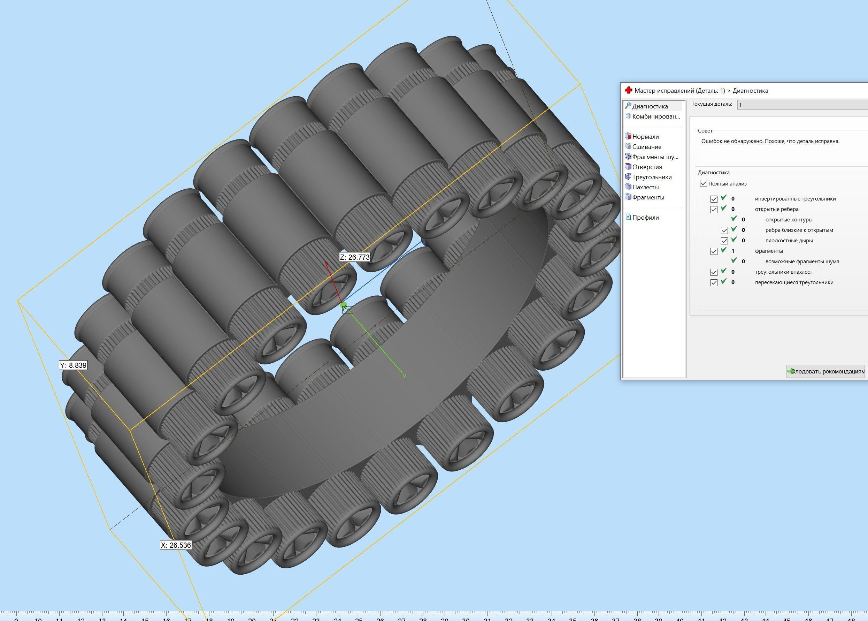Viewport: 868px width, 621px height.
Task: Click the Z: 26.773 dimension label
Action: [x=354, y=257]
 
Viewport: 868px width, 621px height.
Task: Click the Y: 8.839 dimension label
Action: [x=73, y=365]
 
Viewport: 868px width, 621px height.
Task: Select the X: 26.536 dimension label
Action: [x=175, y=545]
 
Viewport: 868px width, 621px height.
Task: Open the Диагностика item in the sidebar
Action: [x=650, y=106]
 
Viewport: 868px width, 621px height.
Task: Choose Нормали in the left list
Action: [x=645, y=137]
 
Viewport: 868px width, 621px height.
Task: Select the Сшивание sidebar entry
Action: [x=646, y=147]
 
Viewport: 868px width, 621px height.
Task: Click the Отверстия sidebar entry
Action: [x=647, y=167]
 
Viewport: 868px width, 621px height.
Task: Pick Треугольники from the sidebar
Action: [x=651, y=177]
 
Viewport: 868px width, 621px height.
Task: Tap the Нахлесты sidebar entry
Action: [x=645, y=187]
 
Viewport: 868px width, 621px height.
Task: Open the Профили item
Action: [x=645, y=218]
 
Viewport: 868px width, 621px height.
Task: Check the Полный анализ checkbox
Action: [x=703, y=183]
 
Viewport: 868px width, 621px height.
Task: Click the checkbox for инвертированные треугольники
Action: [x=714, y=199]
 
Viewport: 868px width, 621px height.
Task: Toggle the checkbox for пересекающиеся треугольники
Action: [x=714, y=282]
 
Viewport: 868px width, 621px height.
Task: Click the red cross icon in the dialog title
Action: [x=628, y=91]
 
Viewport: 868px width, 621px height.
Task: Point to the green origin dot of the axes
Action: [x=344, y=305]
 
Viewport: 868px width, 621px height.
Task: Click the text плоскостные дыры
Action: [x=789, y=241]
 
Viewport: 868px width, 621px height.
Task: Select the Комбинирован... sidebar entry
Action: [x=655, y=116]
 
